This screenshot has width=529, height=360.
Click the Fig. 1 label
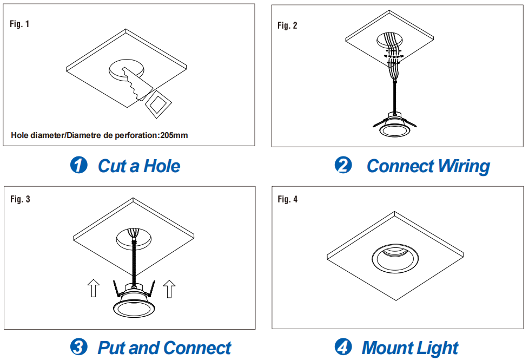coord(19,24)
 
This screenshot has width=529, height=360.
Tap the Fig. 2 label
coord(287,25)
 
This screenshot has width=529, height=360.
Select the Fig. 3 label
coord(20,199)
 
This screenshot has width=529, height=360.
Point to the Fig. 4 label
coord(288,199)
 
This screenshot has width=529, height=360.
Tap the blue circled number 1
coord(78,165)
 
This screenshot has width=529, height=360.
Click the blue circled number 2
coord(343,165)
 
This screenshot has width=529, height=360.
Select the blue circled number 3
coord(78,347)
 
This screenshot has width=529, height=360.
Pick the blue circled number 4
coord(343,347)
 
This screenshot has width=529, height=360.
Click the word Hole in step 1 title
coord(162,166)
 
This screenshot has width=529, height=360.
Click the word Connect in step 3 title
coord(198,348)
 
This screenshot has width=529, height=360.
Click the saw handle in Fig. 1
coord(158,104)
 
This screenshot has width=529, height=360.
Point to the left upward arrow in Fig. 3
coord(94,288)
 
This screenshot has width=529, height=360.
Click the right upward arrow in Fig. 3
coord(169,289)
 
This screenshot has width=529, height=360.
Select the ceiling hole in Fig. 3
coord(134,238)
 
